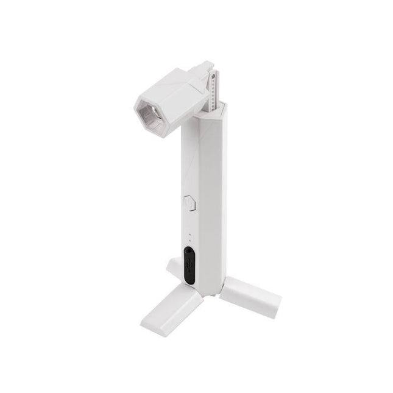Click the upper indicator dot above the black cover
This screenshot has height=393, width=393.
click(189, 233)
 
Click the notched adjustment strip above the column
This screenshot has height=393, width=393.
click(213, 91)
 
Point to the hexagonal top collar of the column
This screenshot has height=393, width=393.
click(210, 110)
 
